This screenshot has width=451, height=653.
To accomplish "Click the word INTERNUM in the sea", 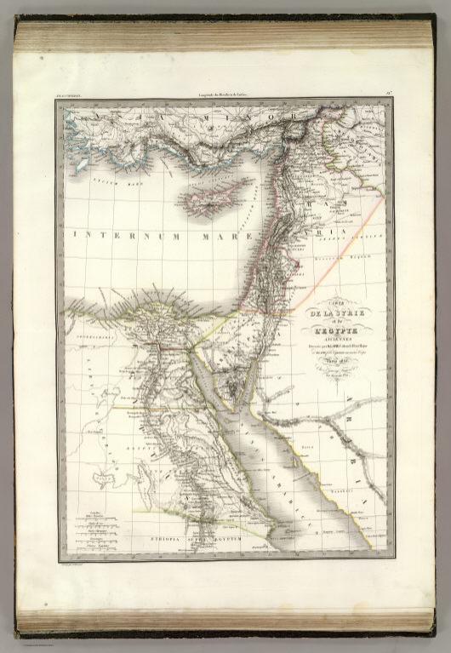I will point(116,232).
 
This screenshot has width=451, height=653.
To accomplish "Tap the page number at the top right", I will point(388,91).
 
